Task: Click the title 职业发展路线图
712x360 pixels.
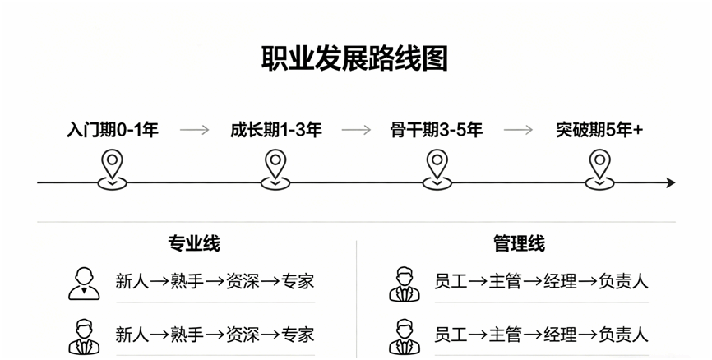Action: (x=354, y=58)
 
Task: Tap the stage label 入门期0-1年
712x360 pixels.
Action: (x=112, y=130)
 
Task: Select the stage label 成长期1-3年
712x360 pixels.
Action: (x=275, y=130)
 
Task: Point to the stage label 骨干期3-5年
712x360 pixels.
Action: (x=437, y=130)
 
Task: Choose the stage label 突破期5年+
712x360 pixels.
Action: (x=599, y=130)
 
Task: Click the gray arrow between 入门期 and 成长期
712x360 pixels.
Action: (x=194, y=131)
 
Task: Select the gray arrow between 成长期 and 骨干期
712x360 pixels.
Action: (x=356, y=131)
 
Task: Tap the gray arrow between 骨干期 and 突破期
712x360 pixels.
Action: (x=518, y=131)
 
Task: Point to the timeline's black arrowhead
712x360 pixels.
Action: (x=671, y=183)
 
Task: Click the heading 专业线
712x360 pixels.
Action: (x=194, y=243)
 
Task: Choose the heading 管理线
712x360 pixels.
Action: (x=519, y=243)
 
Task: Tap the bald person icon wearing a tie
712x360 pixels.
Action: (x=84, y=284)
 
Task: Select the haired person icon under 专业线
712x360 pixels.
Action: (x=84, y=337)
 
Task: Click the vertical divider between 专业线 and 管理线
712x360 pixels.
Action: (x=357, y=300)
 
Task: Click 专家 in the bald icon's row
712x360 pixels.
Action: (x=298, y=281)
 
